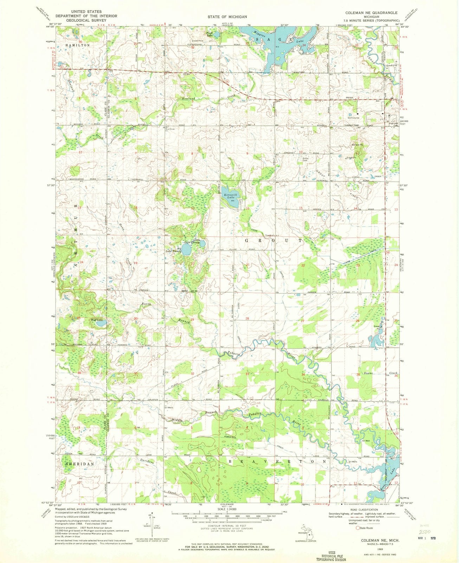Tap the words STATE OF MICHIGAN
(232, 17)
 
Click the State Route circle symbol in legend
(358, 528)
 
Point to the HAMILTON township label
(77, 45)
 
